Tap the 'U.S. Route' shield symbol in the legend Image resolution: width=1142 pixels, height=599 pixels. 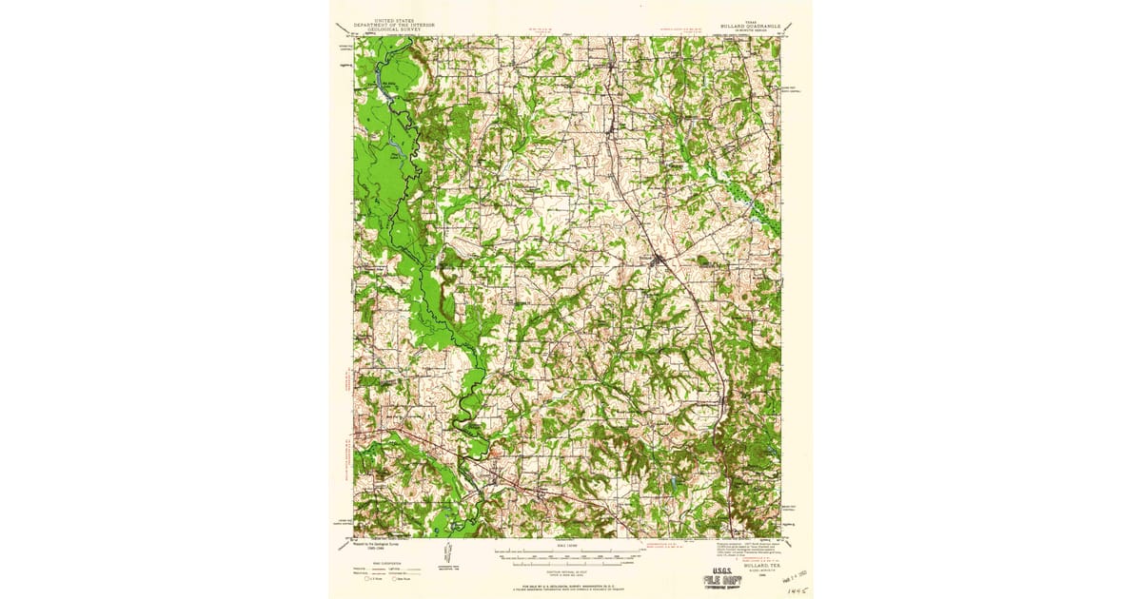[x=366, y=579]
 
